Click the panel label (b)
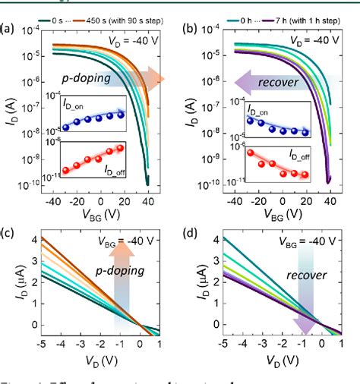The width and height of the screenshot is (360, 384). click(x=188, y=30)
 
